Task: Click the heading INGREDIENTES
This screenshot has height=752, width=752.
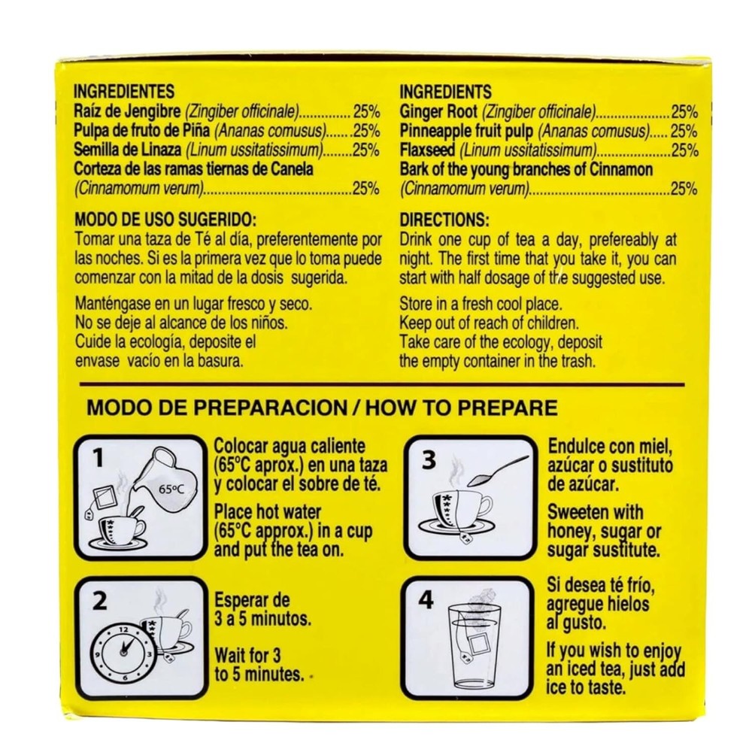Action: (124, 92)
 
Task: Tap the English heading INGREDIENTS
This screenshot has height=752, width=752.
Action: (445, 92)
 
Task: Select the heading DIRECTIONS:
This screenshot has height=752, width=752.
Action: (444, 220)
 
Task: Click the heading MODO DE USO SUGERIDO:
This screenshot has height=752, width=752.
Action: (165, 220)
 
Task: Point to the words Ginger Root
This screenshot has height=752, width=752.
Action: (438, 112)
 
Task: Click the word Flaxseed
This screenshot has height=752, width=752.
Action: (427, 150)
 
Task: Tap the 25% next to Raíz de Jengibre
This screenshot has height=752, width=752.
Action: (366, 112)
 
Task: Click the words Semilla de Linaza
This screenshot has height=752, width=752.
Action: (128, 150)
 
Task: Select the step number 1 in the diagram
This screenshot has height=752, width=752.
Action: (99, 459)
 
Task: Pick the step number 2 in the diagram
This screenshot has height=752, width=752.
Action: (99, 601)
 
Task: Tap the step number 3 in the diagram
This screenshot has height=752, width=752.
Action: (429, 459)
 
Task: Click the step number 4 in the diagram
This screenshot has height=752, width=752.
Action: (426, 600)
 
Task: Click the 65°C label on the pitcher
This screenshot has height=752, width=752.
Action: (171, 490)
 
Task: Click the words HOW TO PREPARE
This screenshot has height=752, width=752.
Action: (462, 408)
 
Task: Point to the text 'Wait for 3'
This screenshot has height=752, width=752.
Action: (247, 655)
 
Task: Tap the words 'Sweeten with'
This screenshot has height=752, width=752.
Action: (595, 512)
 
